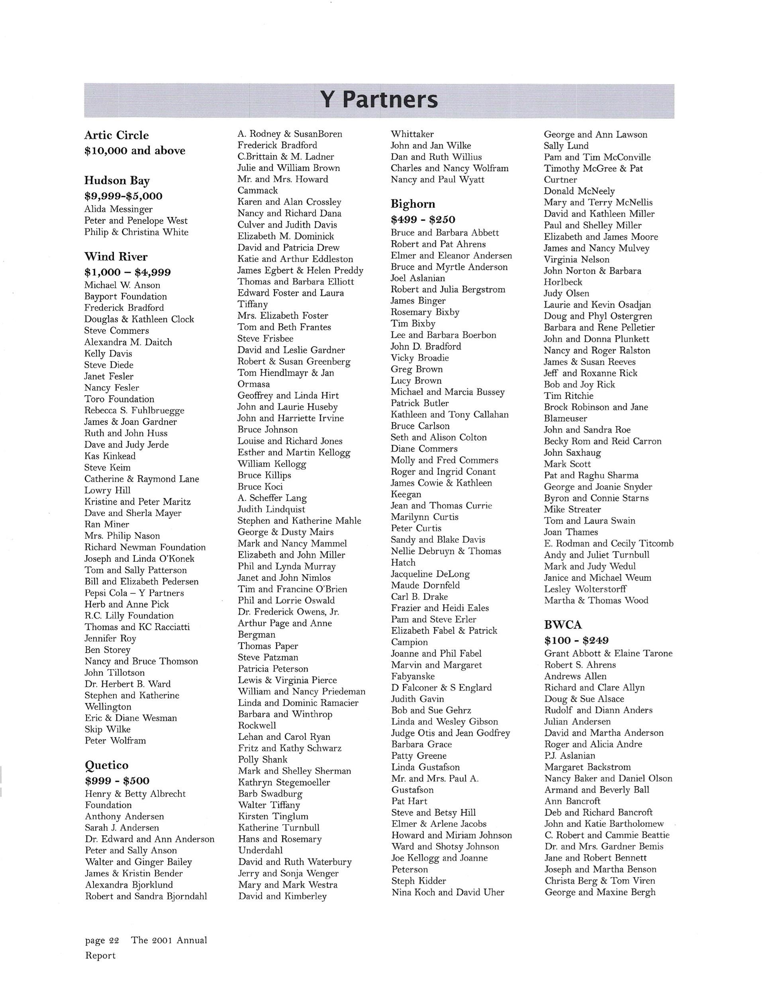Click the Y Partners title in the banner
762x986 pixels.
[x=379, y=100]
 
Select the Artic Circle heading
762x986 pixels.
[x=116, y=135]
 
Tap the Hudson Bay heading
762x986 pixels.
[x=117, y=180]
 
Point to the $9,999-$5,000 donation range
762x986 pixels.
[x=123, y=196]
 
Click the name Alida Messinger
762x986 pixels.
[x=118, y=209]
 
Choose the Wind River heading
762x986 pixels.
[x=116, y=257]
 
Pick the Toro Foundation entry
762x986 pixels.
[x=119, y=399]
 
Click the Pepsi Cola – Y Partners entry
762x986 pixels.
[x=134, y=593]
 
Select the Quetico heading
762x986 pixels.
[x=106, y=765]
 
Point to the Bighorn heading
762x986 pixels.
[x=413, y=204]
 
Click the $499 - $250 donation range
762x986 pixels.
[x=423, y=220]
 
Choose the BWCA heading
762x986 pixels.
[x=563, y=624]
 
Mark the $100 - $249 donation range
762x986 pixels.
[x=576, y=640]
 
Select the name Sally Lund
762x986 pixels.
[x=566, y=146]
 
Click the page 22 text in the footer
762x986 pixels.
[x=102, y=941]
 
